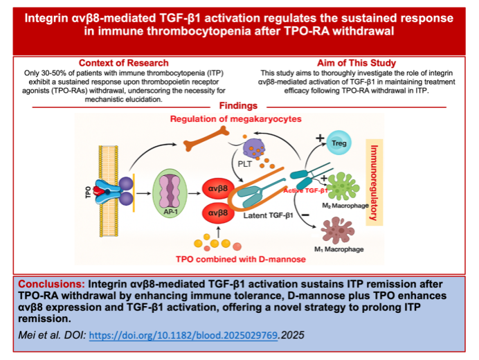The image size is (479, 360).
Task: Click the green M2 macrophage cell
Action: coord(345,186)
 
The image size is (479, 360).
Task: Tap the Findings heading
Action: coord(238,106)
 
